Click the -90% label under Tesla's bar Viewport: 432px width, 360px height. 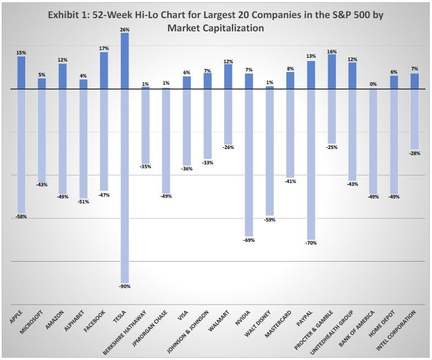[x=125, y=286]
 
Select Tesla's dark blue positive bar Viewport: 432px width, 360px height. [x=125, y=60]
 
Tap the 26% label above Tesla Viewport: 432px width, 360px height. [x=125, y=29]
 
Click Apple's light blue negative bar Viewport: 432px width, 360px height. [x=21, y=151]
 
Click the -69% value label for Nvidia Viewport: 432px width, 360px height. [x=249, y=240]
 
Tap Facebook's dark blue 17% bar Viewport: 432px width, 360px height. [x=104, y=70]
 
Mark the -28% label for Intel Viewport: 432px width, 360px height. [x=414, y=153]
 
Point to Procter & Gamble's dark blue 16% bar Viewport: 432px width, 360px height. [x=331, y=71]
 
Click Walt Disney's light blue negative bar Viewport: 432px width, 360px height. [x=270, y=151]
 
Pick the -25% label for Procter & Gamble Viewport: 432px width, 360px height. [x=331, y=147]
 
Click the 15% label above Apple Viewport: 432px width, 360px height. [x=21, y=53]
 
